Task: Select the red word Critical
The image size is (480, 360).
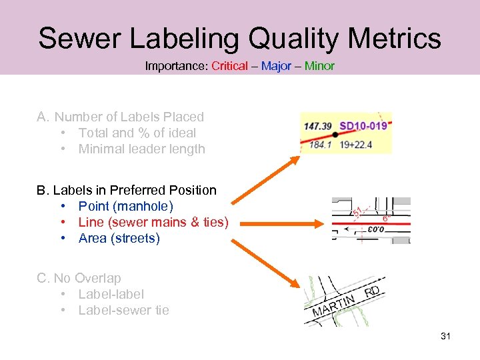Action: [229, 66]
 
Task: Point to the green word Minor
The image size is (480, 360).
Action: [319, 66]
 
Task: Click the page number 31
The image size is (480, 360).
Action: [445, 336]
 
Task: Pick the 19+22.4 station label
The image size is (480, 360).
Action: [356, 144]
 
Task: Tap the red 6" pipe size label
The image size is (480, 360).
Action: [385, 218]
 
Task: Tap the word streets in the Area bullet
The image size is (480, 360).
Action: [137, 239]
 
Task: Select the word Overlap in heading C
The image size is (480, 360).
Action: [98, 278]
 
